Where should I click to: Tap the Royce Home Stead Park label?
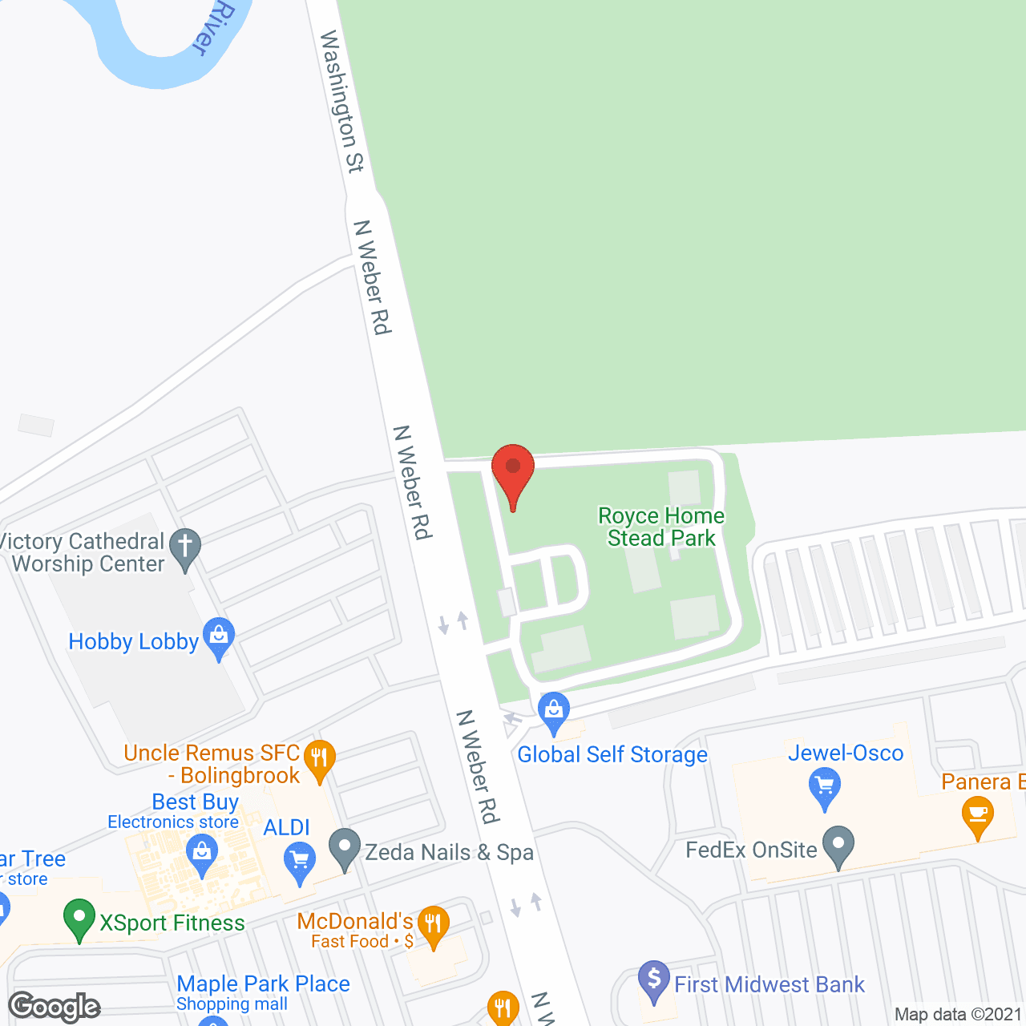[x=661, y=527]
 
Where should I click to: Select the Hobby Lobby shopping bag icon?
[x=218, y=637]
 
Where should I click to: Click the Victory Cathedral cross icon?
[x=185, y=549]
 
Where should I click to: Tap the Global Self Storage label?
[x=612, y=754]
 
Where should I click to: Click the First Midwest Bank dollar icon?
[x=654, y=980]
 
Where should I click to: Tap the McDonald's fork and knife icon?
[x=433, y=926]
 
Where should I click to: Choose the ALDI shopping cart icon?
[x=300, y=863]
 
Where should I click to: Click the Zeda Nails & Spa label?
[x=449, y=852]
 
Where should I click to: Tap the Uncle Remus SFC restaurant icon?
[x=319, y=758]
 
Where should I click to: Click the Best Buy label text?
[x=196, y=802]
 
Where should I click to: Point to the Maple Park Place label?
[x=263, y=984]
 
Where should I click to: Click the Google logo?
[x=55, y=1007]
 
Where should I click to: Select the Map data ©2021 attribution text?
[x=958, y=1015]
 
